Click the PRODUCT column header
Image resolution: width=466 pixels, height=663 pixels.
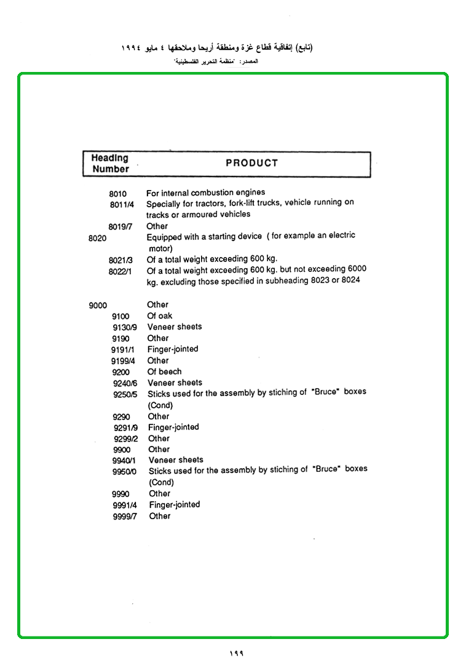click(x=251, y=163)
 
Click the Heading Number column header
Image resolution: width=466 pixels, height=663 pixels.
click(x=111, y=164)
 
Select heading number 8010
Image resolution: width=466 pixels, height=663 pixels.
click(x=117, y=194)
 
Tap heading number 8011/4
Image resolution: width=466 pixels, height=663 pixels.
click(x=122, y=205)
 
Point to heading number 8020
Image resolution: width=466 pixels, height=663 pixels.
click(x=98, y=239)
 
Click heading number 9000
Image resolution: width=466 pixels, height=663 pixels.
click(x=98, y=305)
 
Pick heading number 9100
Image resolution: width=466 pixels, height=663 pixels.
click(x=120, y=316)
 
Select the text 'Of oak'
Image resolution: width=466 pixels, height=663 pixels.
click(x=160, y=316)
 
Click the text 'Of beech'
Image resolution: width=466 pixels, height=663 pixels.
click(x=164, y=371)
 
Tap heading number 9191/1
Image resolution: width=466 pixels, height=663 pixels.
click(x=123, y=350)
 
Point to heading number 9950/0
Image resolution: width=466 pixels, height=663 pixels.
click(x=124, y=471)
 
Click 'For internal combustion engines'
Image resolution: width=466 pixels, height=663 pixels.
click(x=205, y=193)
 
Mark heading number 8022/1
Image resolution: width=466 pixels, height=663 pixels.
click(x=120, y=272)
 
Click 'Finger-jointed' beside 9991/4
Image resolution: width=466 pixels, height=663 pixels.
click(x=175, y=505)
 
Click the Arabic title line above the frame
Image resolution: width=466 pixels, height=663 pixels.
click(x=217, y=48)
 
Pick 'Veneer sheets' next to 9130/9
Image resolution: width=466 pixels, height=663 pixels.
click(x=175, y=327)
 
